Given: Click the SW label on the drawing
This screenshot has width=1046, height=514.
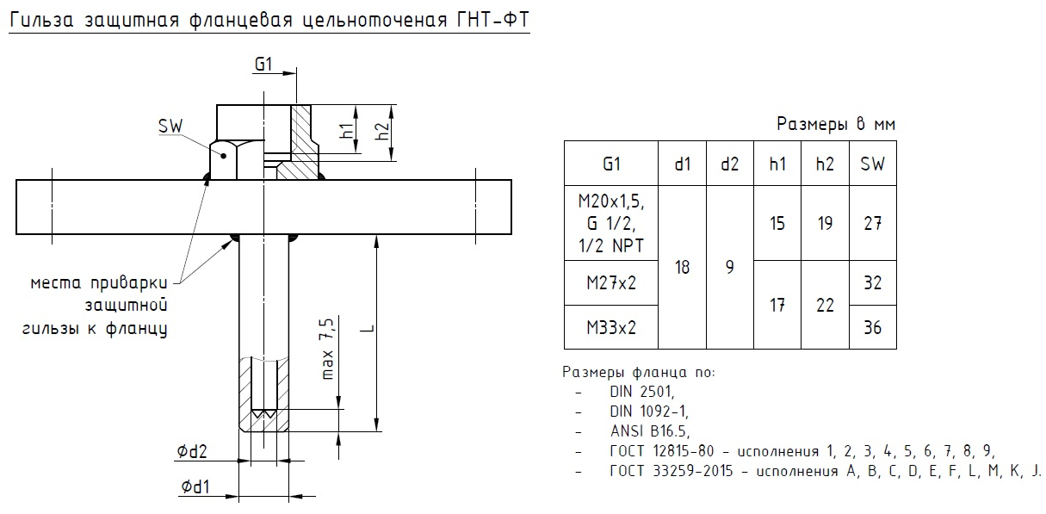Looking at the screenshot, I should click(172, 126).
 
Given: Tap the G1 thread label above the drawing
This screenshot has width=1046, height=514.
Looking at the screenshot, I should click(263, 65).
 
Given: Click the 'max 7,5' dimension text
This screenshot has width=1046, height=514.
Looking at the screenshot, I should click(326, 349).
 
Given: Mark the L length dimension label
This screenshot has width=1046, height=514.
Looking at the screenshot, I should click(367, 331).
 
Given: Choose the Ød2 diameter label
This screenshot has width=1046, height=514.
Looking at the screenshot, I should click(194, 452).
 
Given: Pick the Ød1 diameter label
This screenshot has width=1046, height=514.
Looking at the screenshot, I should click(194, 488).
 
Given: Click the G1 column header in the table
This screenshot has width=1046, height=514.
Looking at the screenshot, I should click(611, 164).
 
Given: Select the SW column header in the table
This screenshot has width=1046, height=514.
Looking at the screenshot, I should click(872, 164).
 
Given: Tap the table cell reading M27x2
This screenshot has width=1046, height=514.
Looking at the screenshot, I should click(611, 282).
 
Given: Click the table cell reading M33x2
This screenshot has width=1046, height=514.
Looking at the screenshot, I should click(611, 327).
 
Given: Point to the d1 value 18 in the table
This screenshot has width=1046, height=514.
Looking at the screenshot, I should click(682, 267).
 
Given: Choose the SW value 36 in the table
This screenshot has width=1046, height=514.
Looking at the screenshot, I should click(872, 327).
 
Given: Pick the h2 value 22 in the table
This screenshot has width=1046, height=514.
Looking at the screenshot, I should click(825, 305).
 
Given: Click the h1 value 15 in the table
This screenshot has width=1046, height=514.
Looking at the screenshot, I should click(777, 223).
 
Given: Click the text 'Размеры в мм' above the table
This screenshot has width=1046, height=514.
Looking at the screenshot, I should click(836, 124).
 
